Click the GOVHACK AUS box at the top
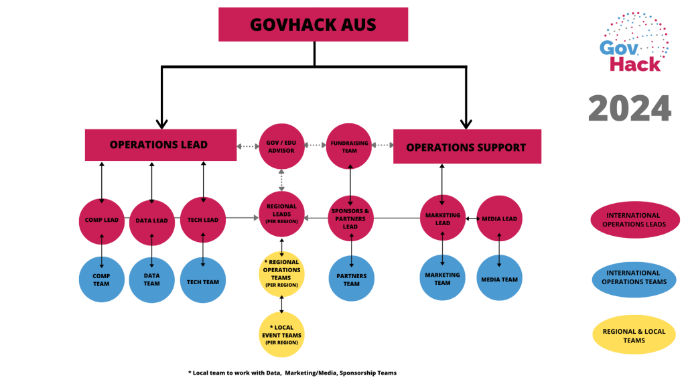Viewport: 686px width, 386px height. point(313,24)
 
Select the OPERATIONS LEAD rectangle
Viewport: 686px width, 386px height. point(160,145)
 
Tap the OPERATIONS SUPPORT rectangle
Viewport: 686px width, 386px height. point(466,147)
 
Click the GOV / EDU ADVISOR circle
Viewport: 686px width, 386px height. point(281,146)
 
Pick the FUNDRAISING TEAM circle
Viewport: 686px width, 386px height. point(348,146)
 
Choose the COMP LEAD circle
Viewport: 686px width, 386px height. point(102,220)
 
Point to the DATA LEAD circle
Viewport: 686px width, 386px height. point(152,222)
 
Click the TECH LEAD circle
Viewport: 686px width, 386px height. point(203,220)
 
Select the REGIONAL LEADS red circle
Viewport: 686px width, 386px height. point(281,215)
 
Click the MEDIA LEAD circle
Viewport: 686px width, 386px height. point(498,218)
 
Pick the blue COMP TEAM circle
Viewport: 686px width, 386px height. point(101,279)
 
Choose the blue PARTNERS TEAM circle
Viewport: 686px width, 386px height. point(352,279)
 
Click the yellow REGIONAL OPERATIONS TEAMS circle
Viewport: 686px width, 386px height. point(281,272)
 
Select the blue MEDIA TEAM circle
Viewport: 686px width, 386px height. point(499,279)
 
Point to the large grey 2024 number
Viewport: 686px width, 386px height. point(629,108)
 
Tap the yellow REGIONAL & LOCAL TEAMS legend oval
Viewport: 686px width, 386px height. point(633,336)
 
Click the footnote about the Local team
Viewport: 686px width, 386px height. point(292,373)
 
